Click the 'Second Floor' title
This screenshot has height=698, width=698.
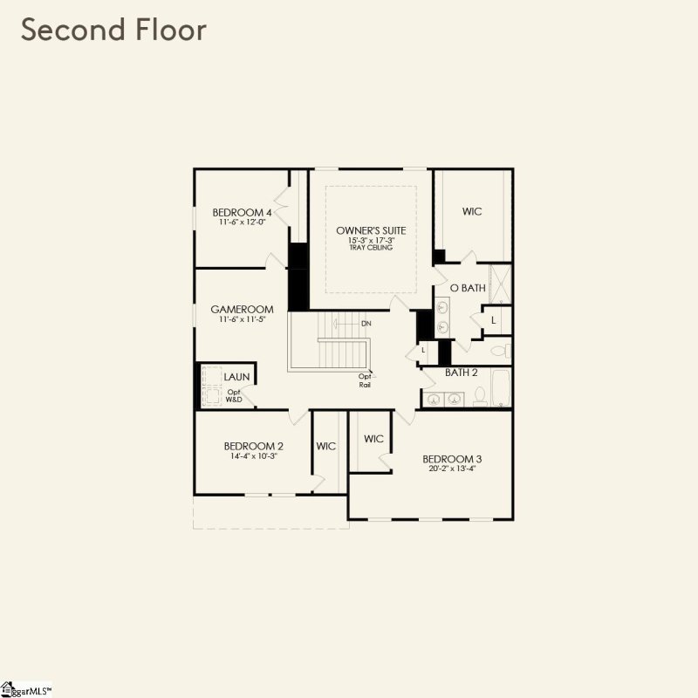[x=114, y=30]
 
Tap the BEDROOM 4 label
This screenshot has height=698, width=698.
[x=243, y=212]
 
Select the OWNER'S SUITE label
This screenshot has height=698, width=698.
[x=371, y=229]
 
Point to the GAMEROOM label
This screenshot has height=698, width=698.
[x=242, y=309]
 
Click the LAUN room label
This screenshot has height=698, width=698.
[x=236, y=377]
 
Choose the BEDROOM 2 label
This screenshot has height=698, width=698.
[x=253, y=446]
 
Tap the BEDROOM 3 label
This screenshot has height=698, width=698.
[x=452, y=459]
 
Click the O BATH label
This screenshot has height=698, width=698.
[x=467, y=288]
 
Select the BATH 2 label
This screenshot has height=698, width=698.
[x=462, y=373]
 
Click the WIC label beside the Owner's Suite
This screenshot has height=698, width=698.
[x=472, y=212]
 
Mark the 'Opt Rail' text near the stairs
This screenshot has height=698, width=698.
[x=366, y=380]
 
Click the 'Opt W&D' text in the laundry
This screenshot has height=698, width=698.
[x=234, y=395]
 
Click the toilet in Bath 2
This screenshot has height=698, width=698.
[x=479, y=397]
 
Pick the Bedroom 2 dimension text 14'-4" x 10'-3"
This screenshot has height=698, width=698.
[x=253, y=456]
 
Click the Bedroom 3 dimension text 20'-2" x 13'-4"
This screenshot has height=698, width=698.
[x=452, y=469]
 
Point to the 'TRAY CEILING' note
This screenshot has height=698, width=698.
[x=371, y=248]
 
